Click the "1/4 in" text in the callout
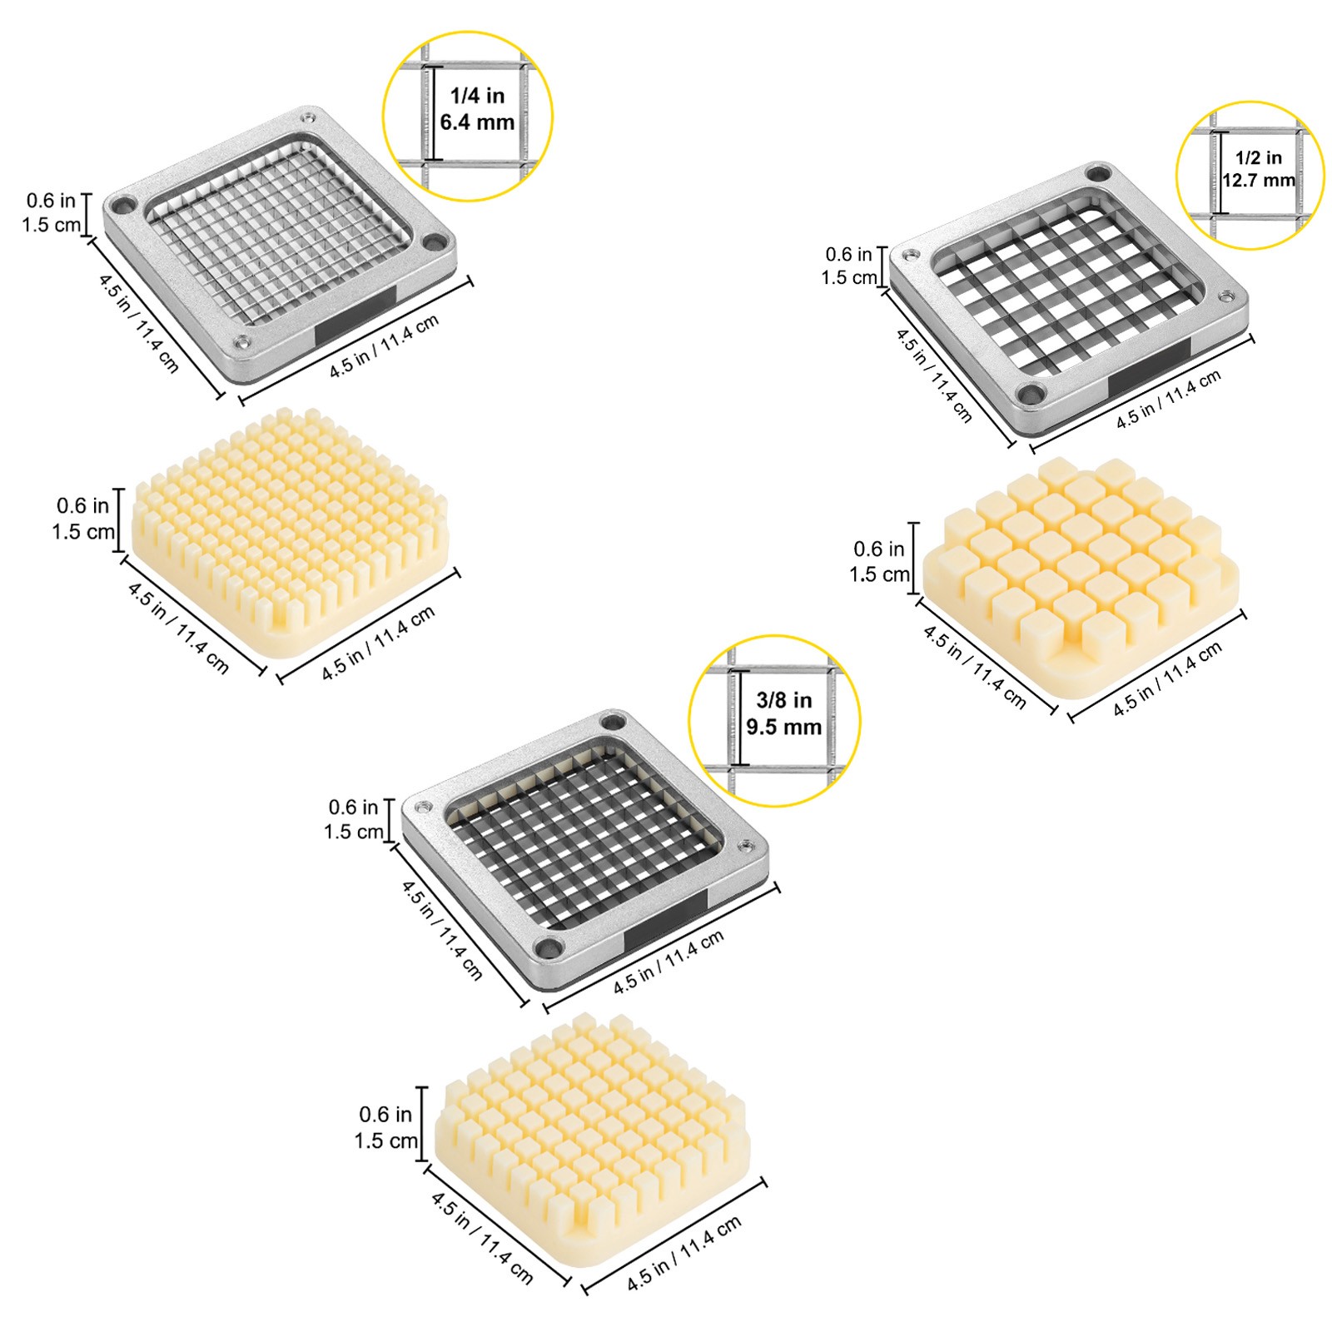(477, 96)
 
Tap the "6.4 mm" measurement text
(477, 122)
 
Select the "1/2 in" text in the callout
(1258, 157)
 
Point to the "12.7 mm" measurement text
(1258, 180)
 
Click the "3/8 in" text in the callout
(783, 700)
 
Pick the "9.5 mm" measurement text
(783, 727)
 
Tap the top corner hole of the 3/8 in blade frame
(614, 722)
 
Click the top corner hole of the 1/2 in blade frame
(1099, 173)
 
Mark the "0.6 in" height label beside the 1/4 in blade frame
(51, 200)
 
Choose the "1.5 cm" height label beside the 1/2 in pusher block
(879, 574)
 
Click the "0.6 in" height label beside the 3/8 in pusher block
(385, 1114)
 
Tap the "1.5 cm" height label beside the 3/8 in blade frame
(354, 831)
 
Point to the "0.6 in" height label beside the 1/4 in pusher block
(82, 505)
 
